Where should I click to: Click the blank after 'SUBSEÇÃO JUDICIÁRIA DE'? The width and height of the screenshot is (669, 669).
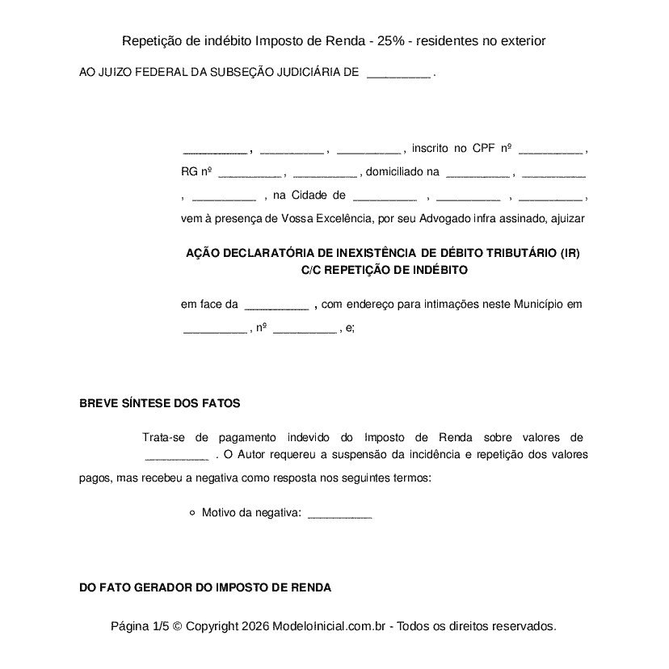398,73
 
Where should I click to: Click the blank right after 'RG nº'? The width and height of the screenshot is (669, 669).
250,172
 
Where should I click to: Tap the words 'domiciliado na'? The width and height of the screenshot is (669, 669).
402,172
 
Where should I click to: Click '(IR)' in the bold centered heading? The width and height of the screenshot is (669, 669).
570,253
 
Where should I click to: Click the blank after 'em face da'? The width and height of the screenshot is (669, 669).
276,305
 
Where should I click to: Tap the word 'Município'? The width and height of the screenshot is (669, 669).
538,305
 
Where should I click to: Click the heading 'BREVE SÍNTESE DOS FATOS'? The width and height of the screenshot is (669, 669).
159,403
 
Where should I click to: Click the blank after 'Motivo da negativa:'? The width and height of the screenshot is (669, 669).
340,512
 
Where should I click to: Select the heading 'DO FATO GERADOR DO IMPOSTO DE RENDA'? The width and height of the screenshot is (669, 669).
205,587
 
